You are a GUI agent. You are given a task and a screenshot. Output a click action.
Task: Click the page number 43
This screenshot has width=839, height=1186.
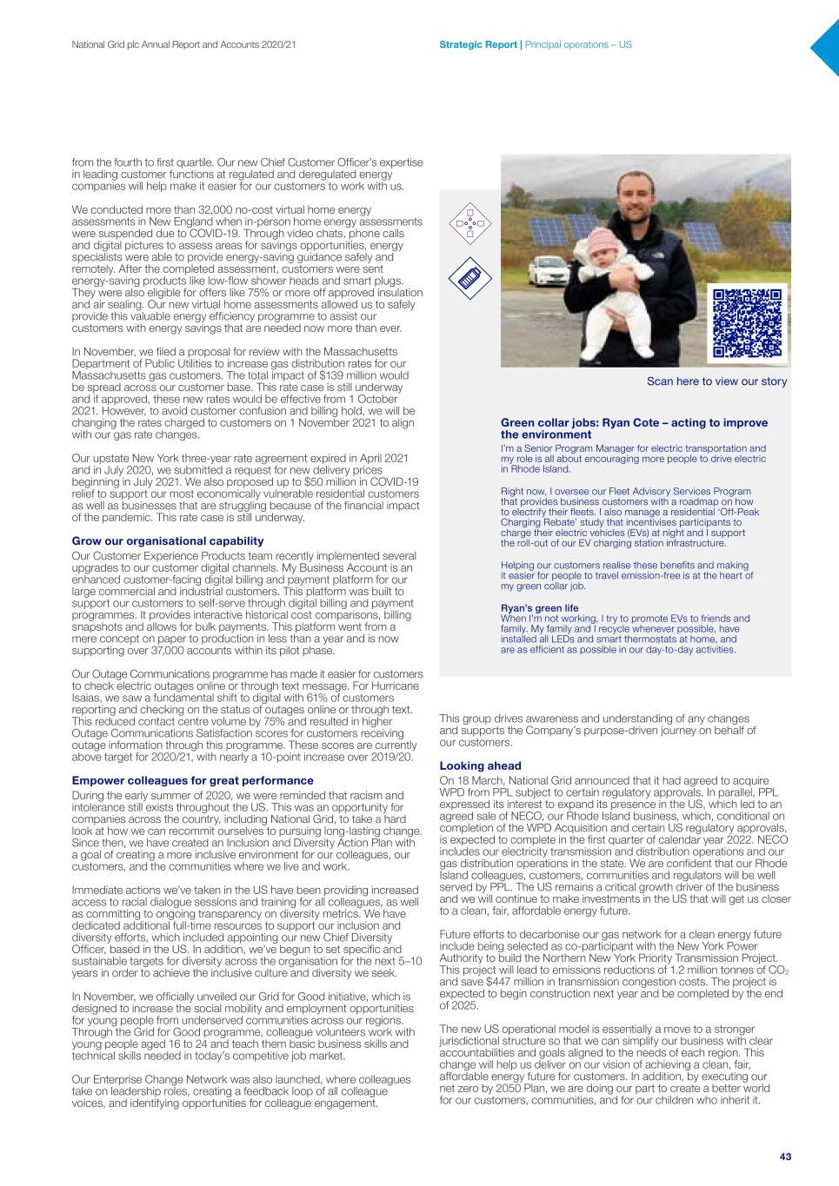[x=785, y=1156]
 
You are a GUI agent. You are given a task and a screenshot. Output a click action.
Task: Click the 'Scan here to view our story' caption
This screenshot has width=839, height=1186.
[x=716, y=381]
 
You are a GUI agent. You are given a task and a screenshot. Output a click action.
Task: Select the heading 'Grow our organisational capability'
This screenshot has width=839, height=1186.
[x=167, y=540]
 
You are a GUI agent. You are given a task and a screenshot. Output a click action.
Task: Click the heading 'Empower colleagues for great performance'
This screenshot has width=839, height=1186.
[x=192, y=780]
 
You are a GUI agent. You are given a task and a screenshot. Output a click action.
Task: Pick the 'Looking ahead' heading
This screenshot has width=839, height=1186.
[x=480, y=765]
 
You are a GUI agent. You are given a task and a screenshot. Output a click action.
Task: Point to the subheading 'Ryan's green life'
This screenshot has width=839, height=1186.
[x=539, y=608]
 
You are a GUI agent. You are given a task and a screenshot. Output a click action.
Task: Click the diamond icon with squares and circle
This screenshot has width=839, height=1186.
[x=469, y=223]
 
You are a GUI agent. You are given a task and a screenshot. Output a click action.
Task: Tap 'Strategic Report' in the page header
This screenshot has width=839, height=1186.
[x=477, y=43]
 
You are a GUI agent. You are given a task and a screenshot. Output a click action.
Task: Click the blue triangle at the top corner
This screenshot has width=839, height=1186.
[x=826, y=48]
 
